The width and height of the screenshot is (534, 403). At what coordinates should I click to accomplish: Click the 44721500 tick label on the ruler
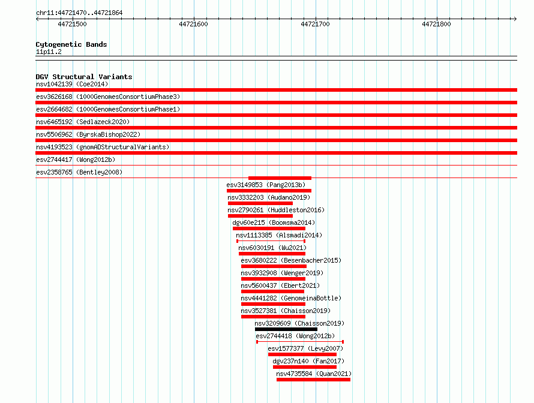(72, 24)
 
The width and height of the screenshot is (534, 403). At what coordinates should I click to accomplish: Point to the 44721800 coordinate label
(436, 24)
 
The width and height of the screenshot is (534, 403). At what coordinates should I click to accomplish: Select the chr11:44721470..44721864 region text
(79, 13)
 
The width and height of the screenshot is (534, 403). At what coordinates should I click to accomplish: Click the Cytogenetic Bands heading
(71, 44)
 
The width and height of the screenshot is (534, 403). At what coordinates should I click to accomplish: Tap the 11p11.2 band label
(49, 52)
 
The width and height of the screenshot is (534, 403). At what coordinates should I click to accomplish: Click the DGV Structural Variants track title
(84, 77)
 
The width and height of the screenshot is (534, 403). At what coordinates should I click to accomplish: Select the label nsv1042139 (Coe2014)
(72, 84)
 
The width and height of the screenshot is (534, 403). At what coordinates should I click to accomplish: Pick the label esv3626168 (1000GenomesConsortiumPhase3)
(108, 97)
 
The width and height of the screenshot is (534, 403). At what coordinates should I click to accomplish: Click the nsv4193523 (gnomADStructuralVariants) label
(103, 147)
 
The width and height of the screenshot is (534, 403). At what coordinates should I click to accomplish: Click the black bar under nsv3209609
(286, 329)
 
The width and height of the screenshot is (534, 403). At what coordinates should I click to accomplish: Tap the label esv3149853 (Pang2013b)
(266, 185)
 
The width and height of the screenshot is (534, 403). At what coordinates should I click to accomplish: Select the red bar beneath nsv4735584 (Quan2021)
(313, 380)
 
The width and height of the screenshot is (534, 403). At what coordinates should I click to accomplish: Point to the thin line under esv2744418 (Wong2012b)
(299, 342)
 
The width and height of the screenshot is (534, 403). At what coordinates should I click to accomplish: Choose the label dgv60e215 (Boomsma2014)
(274, 222)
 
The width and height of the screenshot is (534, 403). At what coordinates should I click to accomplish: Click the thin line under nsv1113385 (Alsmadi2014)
(271, 241)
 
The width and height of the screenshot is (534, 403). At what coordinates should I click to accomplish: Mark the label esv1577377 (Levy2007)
(305, 348)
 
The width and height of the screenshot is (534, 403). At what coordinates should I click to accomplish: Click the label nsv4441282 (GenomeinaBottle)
(291, 298)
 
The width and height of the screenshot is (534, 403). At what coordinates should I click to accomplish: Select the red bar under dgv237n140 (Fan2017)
(305, 367)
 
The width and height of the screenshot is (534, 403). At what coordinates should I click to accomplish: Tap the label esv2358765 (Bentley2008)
(79, 172)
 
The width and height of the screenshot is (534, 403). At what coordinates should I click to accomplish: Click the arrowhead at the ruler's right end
(515, 19)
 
